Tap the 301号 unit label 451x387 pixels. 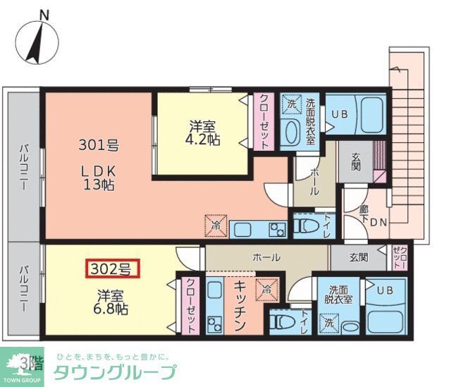(98, 147)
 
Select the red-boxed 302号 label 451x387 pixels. (113, 268)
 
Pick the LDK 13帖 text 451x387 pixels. (98, 178)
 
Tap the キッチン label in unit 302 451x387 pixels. (239, 305)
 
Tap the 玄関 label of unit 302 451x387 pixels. (358, 257)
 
